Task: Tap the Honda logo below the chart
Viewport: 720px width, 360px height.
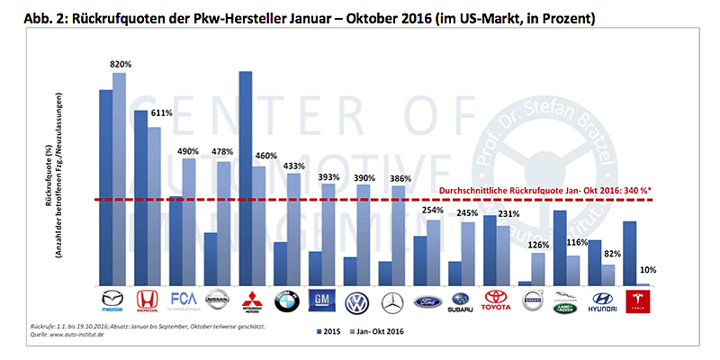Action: [x=147, y=301]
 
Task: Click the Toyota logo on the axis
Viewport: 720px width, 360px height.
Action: [x=496, y=301]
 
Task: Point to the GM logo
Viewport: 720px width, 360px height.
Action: [x=321, y=301]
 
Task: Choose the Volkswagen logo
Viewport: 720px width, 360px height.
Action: [x=356, y=301]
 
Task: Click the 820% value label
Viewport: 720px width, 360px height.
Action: [x=121, y=65]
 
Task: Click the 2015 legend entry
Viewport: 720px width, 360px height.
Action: [x=328, y=332]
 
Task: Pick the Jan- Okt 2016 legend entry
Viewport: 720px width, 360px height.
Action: [x=382, y=332]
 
